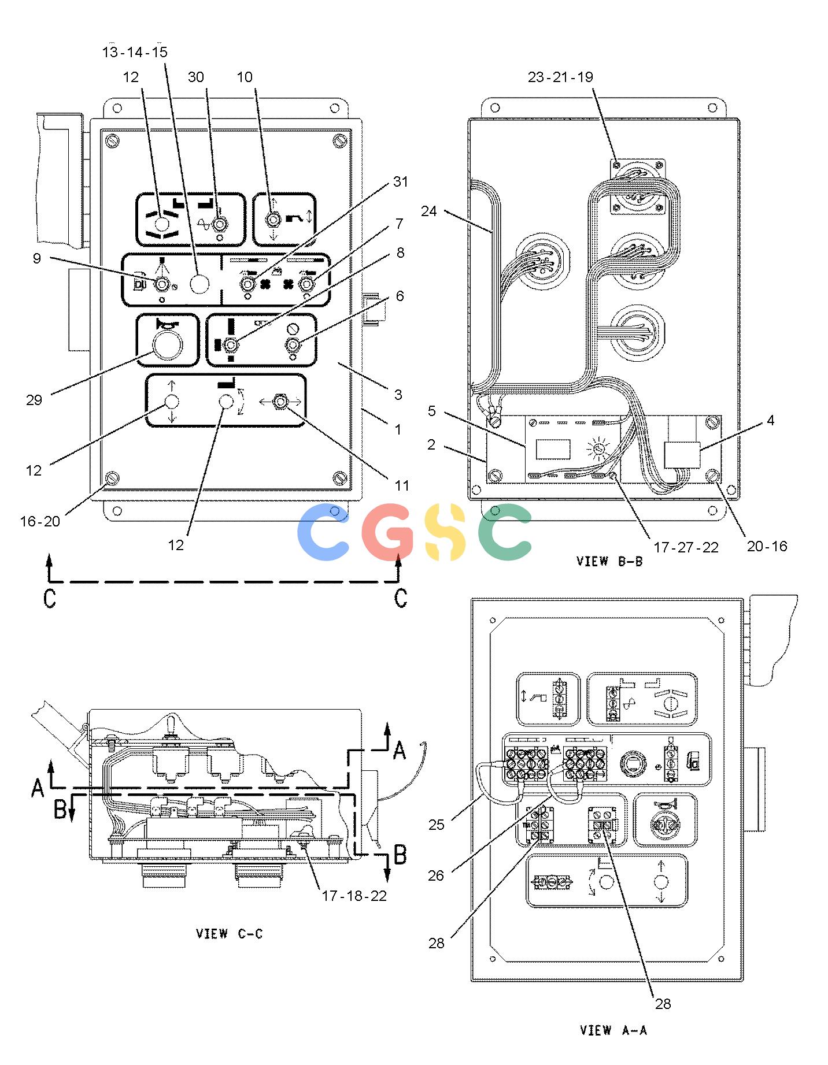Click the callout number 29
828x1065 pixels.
coord(34,400)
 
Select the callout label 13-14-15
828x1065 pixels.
coord(135,52)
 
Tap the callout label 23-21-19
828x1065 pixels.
coord(560,77)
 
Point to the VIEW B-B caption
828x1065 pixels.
coord(609,561)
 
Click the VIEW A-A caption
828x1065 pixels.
coord(613,1030)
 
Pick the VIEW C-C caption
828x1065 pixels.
coord(230,934)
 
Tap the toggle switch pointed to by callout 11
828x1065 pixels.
coord(280,401)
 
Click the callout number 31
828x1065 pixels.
coord(400,181)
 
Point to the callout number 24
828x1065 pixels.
coord(429,211)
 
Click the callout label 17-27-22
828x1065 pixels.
coord(686,547)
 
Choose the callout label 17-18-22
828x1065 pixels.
coord(354,896)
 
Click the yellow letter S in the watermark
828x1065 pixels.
coord(444,532)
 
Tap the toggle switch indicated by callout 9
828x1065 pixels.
coord(162,284)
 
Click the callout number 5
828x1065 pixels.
coord(432,411)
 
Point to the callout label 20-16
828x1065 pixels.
coord(767,546)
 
